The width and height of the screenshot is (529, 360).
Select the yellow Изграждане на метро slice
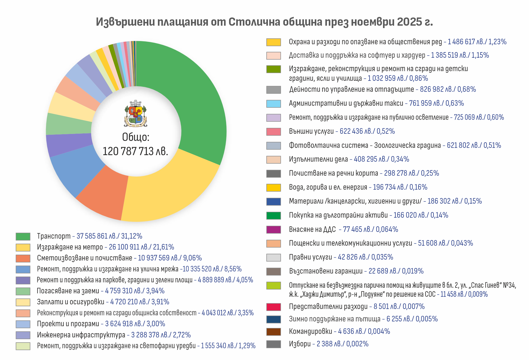point(169,193)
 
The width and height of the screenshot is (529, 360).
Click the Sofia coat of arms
point(136,114)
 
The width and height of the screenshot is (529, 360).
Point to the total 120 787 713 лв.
point(135,151)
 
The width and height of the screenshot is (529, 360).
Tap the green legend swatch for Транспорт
point(23,236)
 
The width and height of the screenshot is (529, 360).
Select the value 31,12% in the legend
point(132,236)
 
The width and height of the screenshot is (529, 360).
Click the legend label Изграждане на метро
point(70,247)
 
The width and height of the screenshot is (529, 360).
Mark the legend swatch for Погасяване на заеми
point(23,291)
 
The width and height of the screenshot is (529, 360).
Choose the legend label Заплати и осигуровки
point(71,302)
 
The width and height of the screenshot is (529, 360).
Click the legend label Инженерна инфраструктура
point(81,335)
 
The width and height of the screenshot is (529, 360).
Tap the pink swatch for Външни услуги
point(273,132)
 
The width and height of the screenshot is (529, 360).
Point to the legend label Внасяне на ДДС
point(312,229)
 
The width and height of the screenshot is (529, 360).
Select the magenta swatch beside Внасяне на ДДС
point(273,229)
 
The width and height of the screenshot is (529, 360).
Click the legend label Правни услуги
point(311,257)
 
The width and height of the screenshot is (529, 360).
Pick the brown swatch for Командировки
point(273,332)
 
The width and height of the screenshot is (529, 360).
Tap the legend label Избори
point(300,344)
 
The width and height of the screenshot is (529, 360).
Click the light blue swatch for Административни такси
point(273,103)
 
